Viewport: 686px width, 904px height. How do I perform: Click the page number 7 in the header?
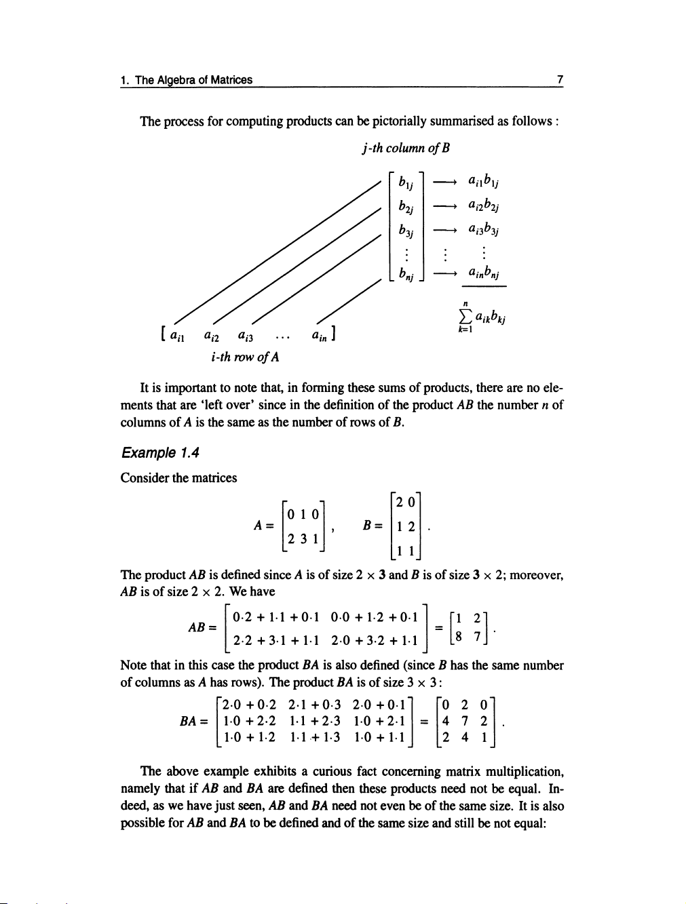[560, 80]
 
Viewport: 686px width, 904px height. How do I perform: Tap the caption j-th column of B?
[406, 148]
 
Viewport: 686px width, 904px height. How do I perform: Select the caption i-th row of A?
[245, 357]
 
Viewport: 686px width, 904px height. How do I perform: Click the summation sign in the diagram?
[465, 317]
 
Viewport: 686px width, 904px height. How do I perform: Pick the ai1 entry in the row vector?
[177, 334]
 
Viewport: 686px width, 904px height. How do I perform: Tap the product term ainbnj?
[484, 274]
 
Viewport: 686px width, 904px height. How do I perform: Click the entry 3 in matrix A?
[303, 539]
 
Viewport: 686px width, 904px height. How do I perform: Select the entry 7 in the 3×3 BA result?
[464, 721]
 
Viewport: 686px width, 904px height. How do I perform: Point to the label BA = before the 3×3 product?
[192, 721]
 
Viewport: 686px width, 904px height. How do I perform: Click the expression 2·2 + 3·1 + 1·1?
[275, 640]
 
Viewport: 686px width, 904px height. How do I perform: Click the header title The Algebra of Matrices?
[193, 80]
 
